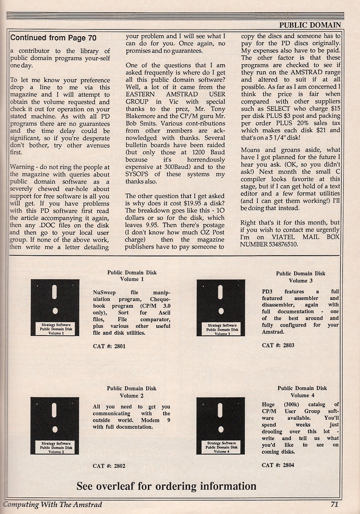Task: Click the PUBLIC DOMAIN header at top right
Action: click(310, 25)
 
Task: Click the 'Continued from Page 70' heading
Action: click(53, 38)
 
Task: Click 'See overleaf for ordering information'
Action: click(166, 486)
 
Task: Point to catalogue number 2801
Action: click(109, 346)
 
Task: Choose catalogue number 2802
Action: click(109, 466)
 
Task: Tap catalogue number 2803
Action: click(278, 345)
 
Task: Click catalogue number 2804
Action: click(278, 465)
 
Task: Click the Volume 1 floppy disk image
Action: click(55, 307)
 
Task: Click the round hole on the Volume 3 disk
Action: click(221, 311)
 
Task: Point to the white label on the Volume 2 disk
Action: click(56, 447)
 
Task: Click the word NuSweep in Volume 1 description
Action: click(104, 292)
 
